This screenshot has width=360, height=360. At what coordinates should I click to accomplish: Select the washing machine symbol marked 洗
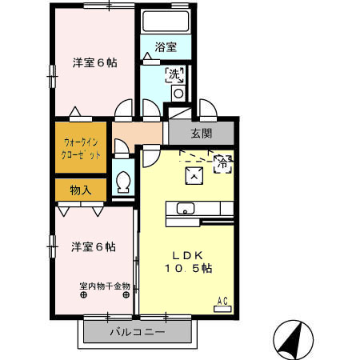pos(174,74)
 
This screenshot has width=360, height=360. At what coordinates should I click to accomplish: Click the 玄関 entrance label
pos(202,133)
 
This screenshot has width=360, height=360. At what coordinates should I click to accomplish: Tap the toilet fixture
pos(123,183)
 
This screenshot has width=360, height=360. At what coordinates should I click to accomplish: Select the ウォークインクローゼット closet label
pos(81,149)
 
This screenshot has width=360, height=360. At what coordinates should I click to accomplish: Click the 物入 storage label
pos(81,190)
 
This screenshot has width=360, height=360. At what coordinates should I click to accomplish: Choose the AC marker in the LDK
pos(223,300)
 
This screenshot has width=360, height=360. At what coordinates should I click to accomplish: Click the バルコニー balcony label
pos(138,332)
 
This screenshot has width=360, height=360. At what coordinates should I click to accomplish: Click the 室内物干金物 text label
pos(104,286)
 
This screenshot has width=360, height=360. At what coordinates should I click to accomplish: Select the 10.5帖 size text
pos(190,269)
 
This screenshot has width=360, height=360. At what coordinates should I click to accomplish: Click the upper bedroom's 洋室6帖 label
pos(95,62)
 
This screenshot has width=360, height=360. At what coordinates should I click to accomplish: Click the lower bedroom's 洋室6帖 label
pos(93,246)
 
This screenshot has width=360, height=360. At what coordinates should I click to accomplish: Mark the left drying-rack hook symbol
pos(83,294)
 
